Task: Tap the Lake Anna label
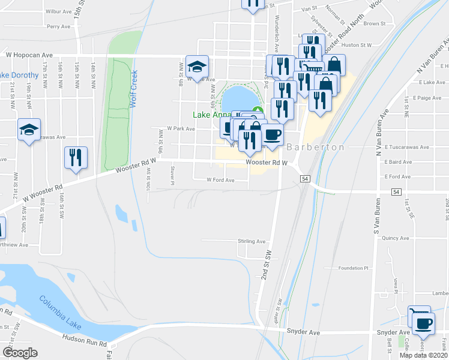pos(209,115)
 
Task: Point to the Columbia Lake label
pos(61,312)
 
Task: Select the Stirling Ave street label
pos(252,241)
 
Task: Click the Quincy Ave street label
pos(396,238)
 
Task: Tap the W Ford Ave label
pos(220,179)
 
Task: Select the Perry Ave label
pos(59,26)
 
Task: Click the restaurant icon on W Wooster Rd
pos(76,158)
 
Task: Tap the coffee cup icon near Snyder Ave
pos(424,324)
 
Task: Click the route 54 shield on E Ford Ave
pos(396,191)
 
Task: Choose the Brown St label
pos(374,23)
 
